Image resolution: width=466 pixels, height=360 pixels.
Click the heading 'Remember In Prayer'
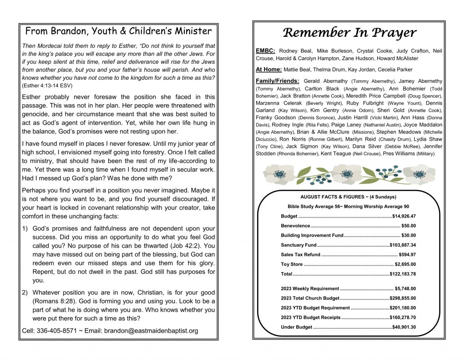349,33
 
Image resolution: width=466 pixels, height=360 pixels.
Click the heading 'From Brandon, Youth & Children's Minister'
118,31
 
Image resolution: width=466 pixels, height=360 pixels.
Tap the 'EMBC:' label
265,51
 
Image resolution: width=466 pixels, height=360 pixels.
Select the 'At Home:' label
268,69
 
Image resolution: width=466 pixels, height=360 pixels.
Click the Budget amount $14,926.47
404,216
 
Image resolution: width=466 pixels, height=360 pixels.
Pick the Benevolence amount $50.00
408,226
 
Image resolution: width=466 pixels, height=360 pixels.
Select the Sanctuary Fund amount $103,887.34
403,245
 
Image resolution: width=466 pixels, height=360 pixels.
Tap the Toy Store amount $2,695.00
405,264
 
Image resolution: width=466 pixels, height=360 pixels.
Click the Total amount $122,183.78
403,274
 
